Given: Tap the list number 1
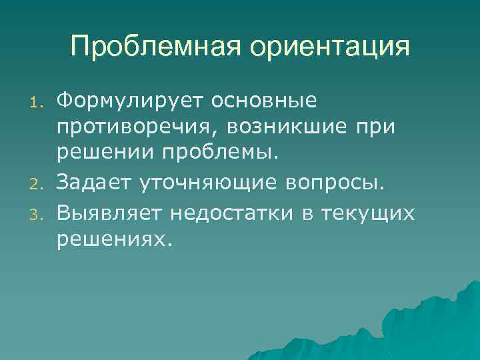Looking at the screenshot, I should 39,103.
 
